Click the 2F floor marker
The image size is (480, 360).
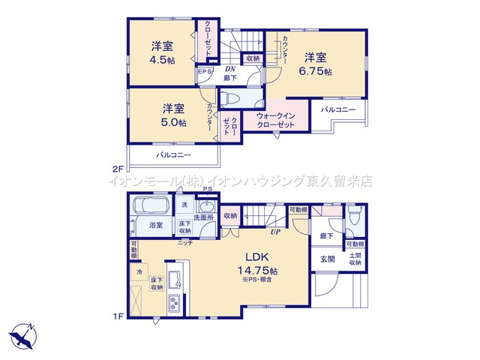pos(118,169)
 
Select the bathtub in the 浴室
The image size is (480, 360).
pos(150,208)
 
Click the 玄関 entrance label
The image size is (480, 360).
pos(328,259)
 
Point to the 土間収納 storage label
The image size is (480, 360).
pos(355,259)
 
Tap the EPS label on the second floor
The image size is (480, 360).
pos(204,73)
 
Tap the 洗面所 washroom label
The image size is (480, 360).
pos(204,217)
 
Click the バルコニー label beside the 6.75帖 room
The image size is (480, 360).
pos(340,110)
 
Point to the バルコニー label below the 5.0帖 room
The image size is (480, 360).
pos(173,154)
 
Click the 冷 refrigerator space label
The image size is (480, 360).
pos(139,271)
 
